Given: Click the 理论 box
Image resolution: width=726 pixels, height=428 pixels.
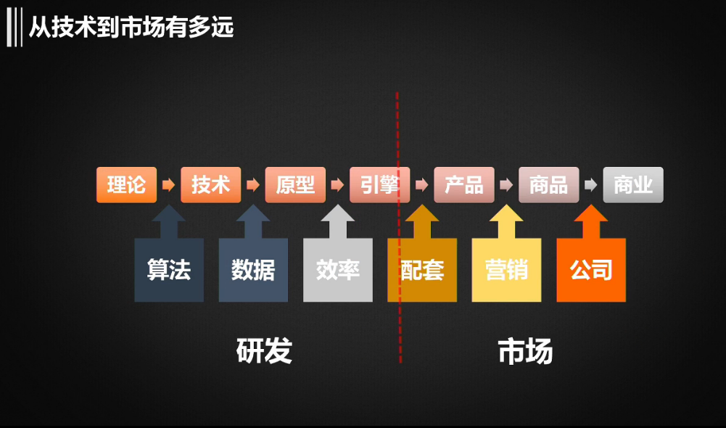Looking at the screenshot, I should tap(126, 185).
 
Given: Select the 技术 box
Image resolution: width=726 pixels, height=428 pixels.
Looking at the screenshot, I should tap(210, 185).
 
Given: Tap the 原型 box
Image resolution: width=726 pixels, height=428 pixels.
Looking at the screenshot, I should tap(295, 185).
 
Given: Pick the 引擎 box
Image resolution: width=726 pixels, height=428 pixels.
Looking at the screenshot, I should tap(379, 185).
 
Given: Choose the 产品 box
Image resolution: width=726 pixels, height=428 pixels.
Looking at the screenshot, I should tap(464, 185).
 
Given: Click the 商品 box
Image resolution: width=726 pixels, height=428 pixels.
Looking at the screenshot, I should tap(548, 185).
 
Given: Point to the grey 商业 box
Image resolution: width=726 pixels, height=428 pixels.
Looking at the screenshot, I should tap(633, 185).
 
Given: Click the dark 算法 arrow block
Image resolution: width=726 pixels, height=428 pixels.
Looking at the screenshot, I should tap(169, 270).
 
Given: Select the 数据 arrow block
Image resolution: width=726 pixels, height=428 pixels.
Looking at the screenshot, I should tap(253, 270).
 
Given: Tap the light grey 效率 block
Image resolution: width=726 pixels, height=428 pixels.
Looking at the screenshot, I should tap(338, 270).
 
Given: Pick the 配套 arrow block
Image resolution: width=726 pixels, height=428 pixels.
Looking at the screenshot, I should tap(423, 270).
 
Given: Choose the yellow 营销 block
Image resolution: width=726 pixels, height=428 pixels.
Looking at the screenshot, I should tap(506, 270).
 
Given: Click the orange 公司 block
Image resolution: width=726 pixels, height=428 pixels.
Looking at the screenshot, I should tap(591, 270).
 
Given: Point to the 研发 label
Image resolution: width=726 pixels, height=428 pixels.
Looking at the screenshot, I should tap(264, 351).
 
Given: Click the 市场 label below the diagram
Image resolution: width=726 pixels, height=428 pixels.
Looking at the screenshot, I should tap(526, 351).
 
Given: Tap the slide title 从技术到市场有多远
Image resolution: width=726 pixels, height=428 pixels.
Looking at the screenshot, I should tap(131, 28).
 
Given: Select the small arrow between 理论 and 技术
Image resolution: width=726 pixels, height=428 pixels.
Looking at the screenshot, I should tap(168, 185).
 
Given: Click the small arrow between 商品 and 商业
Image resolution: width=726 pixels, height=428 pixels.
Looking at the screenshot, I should tap(591, 185).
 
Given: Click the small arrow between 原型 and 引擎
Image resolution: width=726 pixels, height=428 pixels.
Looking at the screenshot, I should tap(337, 185).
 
